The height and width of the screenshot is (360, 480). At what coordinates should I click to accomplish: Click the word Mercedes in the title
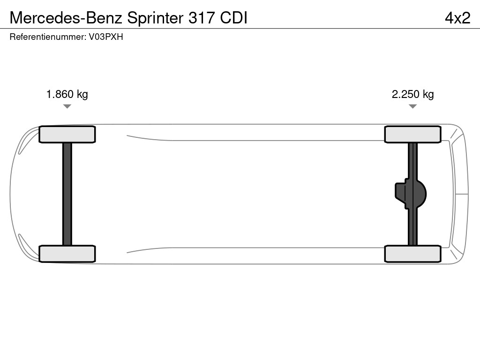[45, 18]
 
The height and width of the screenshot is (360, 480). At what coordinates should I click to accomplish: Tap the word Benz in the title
[104, 18]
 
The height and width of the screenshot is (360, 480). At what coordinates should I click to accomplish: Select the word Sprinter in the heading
[155, 18]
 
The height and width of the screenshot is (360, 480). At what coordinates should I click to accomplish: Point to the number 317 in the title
[202, 18]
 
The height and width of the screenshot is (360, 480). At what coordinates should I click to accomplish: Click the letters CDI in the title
[233, 18]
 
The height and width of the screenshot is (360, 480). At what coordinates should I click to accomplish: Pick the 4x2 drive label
[457, 18]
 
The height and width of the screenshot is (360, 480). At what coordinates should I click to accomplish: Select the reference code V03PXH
[106, 37]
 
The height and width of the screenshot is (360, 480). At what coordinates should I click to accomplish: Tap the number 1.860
[60, 94]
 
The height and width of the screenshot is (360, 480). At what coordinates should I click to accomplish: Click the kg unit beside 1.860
[82, 94]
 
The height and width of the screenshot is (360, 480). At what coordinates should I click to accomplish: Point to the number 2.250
[405, 94]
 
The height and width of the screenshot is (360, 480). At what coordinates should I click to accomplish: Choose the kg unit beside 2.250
[428, 94]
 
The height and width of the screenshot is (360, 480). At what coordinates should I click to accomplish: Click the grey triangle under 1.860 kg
[67, 106]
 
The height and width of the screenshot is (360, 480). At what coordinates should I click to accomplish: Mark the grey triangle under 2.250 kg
[412, 106]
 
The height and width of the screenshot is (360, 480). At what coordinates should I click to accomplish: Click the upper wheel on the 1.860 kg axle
[67, 135]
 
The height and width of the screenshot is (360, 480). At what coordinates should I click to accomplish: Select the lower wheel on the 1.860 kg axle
[67, 254]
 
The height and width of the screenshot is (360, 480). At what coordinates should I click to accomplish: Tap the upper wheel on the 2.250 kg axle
[412, 135]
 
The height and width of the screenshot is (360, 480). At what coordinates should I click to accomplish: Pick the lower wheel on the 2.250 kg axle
[412, 254]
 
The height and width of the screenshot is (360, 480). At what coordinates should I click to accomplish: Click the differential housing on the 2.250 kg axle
[411, 194]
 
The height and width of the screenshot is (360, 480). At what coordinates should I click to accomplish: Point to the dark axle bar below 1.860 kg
[67, 194]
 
